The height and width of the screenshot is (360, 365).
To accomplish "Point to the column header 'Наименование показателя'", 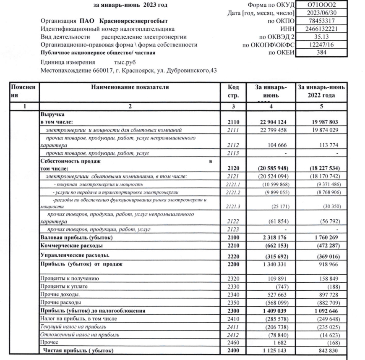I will click(x=130, y=87).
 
